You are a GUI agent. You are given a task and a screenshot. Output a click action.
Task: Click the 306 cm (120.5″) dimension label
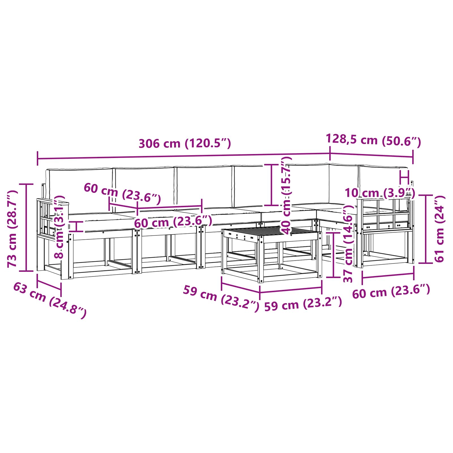click(185, 144)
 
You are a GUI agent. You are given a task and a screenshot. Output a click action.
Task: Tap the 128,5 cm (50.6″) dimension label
click(373, 140)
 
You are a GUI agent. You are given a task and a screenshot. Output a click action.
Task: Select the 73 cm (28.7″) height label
click(12, 229)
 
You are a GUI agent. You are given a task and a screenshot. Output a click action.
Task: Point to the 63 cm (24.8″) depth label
click(50, 300)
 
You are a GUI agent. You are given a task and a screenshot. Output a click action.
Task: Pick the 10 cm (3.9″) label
click(380, 193)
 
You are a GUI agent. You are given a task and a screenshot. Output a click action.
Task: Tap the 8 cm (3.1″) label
click(59, 227)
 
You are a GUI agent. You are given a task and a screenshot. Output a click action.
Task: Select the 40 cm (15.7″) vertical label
click(287, 197)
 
